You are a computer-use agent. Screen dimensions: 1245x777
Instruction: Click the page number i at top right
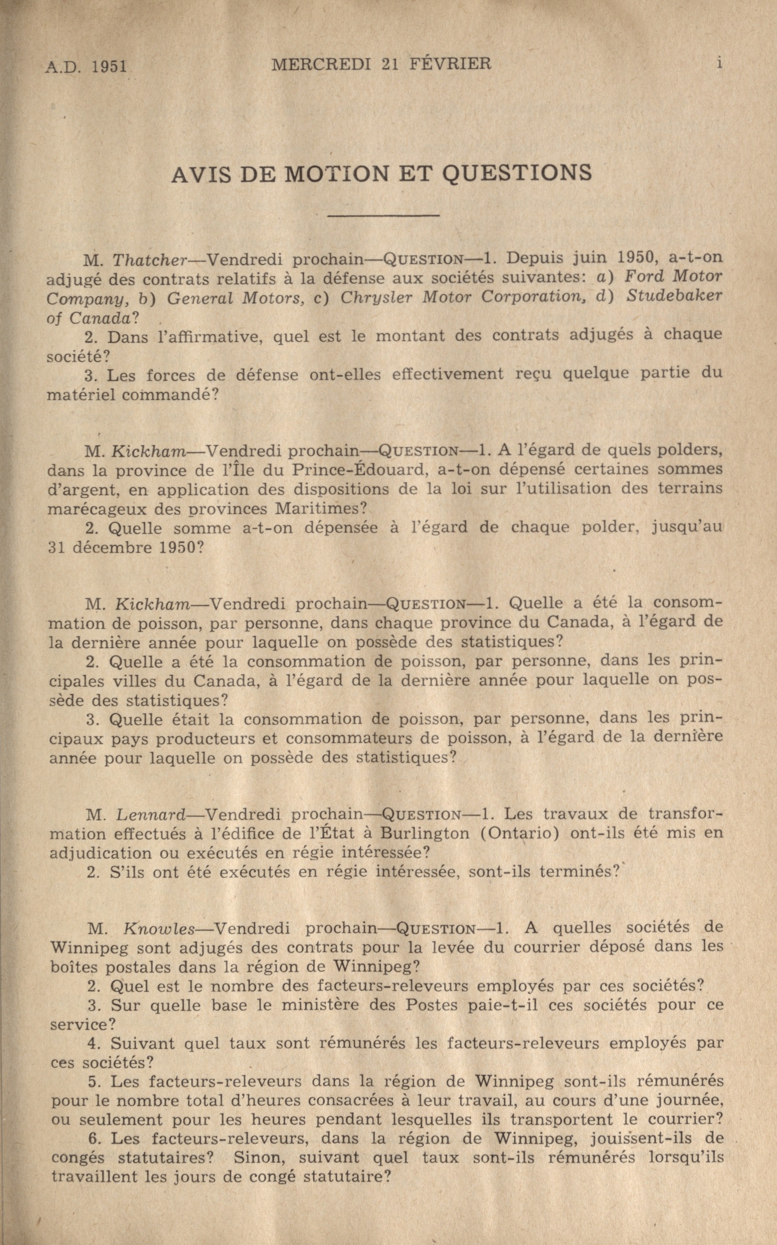coord(719,63)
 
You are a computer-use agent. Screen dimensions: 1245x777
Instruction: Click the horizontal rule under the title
coord(383,215)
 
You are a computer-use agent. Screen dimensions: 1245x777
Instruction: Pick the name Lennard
coord(150,814)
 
